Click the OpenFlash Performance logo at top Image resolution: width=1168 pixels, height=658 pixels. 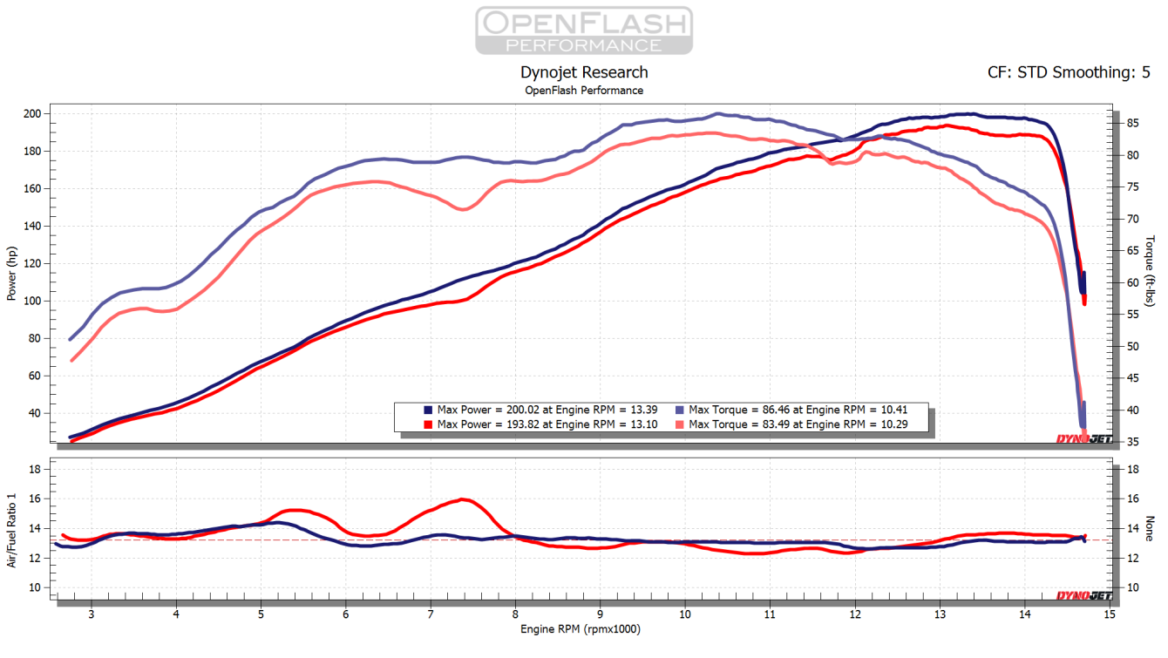[x=583, y=31]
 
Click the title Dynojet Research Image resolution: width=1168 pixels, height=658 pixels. [x=583, y=72]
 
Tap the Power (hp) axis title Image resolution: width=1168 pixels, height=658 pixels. [x=12, y=274]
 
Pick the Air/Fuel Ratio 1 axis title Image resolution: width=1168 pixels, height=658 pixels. [x=12, y=528]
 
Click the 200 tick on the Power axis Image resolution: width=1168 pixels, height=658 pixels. [x=32, y=114]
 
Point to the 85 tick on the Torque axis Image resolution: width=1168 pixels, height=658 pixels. [x=1129, y=124]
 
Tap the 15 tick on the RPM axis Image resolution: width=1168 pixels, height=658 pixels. [x=1109, y=614]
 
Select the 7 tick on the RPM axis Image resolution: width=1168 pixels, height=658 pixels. [x=431, y=614]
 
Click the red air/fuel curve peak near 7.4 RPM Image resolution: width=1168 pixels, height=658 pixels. [x=464, y=499]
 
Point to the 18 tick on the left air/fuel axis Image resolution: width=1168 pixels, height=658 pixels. [x=36, y=469]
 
